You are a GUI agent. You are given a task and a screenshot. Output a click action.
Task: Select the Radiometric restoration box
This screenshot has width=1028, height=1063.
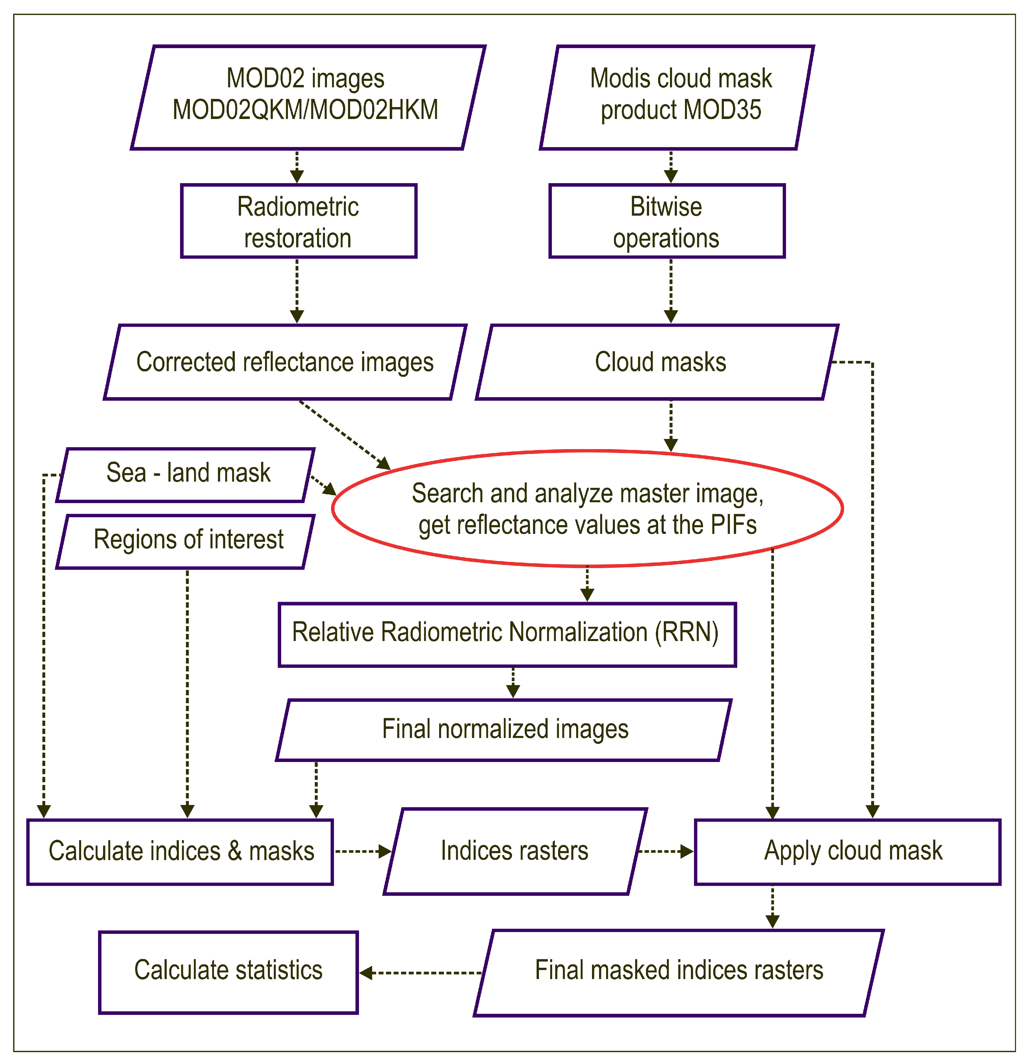coord(298,221)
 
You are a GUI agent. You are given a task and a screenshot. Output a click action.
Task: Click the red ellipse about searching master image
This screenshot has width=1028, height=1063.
coord(587,509)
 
